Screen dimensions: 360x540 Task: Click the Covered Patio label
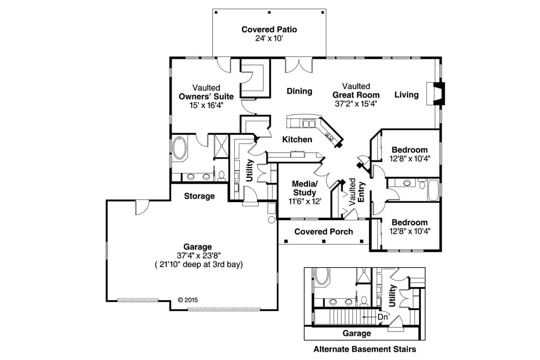coord(269,30)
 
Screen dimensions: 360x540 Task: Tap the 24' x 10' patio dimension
coord(269,38)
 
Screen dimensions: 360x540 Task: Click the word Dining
coord(300,91)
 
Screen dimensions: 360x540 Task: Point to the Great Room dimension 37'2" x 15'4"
coord(356,103)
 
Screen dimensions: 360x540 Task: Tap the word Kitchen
coord(297,139)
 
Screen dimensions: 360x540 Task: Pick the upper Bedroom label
coord(409,150)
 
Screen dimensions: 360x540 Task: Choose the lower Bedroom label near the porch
coord(409,222)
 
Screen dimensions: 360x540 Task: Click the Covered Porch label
coord(324,232)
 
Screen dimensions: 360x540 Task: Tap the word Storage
coord(200,196)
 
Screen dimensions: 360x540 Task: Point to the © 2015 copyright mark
coord(188,300)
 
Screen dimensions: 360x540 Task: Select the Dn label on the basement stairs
coord(383,317)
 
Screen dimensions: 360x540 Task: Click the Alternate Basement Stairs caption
coord(364,349)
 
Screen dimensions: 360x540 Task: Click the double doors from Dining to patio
coord(299,65)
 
